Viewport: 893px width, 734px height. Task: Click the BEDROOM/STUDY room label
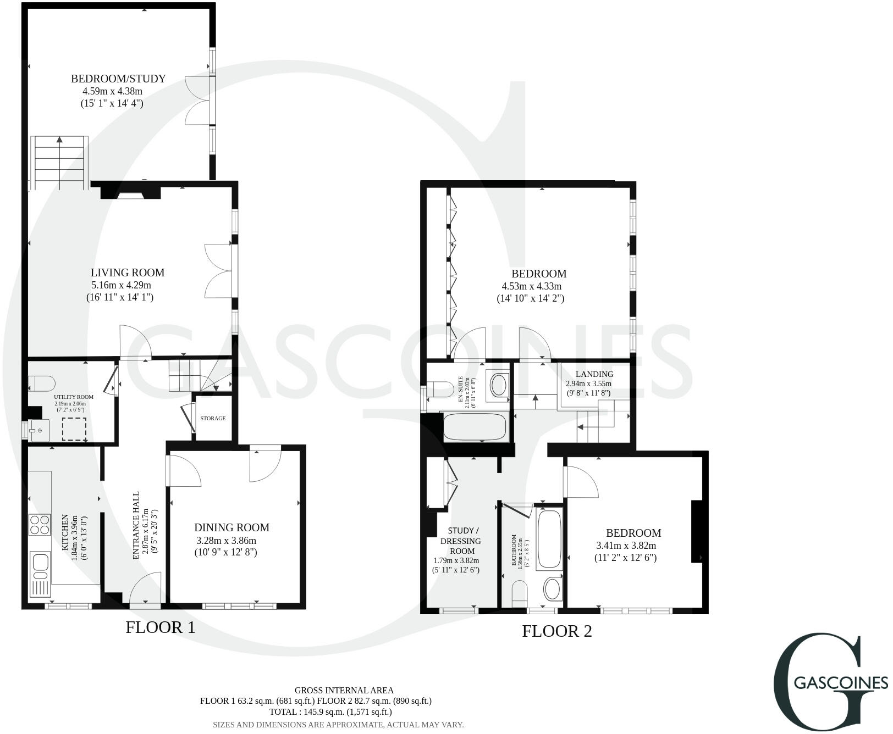pos(118,79)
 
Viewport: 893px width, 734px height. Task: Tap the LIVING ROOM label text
pos(128,273)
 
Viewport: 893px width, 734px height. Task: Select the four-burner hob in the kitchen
pos(40,524)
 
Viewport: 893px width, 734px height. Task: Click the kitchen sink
pos(41,563)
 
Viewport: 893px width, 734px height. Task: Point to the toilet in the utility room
pos(42,382)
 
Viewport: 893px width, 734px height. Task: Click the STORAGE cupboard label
pos(213,418)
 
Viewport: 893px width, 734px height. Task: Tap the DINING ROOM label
pos(232,527)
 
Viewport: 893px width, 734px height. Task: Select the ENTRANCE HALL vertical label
pos(137,526)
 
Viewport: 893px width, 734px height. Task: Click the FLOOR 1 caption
pos(160,627)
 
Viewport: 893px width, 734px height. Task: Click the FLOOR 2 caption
pos(556,631)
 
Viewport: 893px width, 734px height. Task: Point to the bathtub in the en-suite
pos(475,427)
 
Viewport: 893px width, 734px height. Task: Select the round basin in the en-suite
pos(499,385)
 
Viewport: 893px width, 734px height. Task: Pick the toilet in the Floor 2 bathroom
pos(520,594)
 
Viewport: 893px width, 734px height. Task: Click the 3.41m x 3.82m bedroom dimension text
pos(626,546)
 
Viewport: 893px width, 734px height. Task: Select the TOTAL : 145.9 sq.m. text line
pos(330,711)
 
